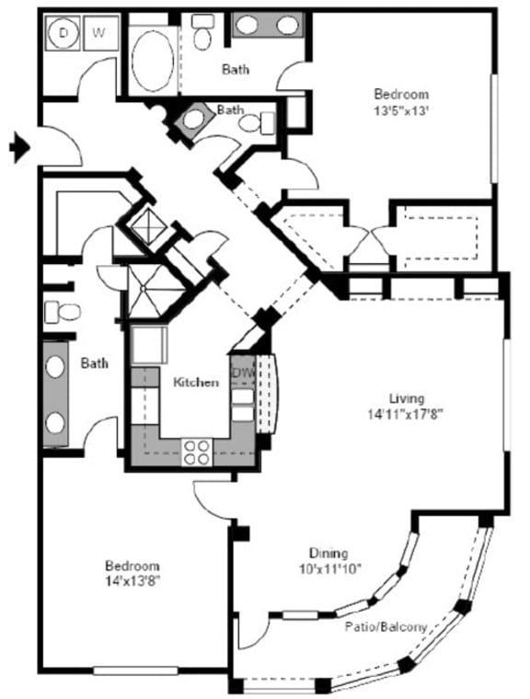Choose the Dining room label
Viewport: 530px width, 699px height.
328,553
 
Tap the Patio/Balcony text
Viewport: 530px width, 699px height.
386,626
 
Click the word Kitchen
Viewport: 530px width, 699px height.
196,382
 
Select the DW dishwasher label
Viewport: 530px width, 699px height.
242,372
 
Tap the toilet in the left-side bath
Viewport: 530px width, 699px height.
63,312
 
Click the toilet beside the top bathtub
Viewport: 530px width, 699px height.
203,34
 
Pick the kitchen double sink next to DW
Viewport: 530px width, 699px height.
241,405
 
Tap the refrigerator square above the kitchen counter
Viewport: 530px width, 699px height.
147,347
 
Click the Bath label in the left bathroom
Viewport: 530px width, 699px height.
94,363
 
